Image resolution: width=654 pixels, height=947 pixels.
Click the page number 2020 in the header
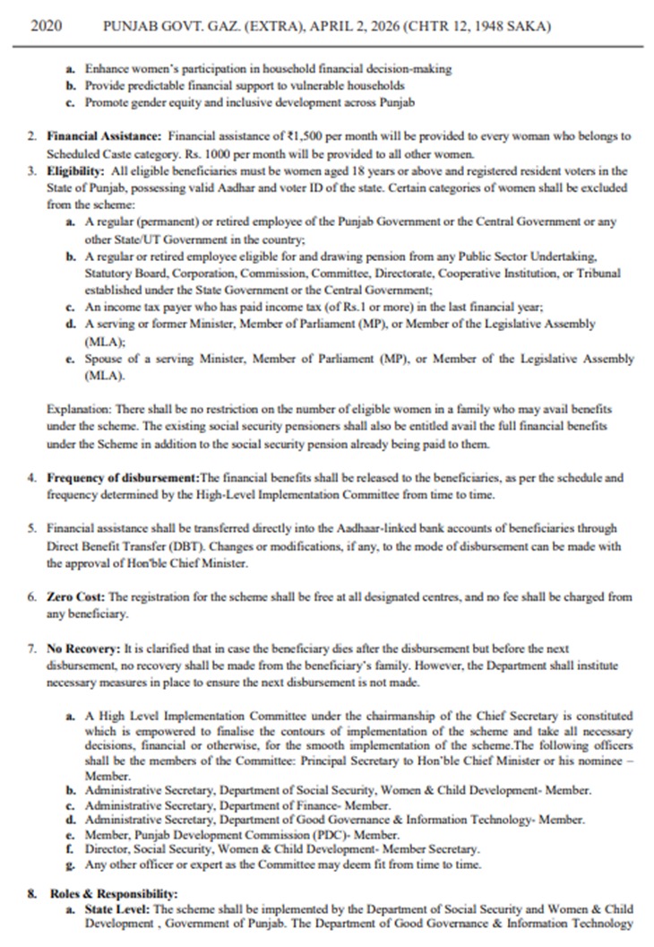46,28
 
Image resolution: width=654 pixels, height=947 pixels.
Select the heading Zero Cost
74,596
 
